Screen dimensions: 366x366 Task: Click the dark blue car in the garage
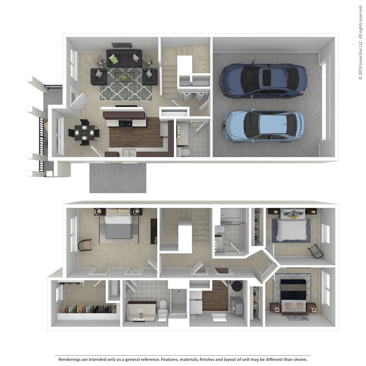pyautogui.click(x=263, y=81)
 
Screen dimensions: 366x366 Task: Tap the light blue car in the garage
pyautogui.click(x=263, y=125)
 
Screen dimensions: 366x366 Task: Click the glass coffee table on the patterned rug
pyautogui.click(x=124, y=77)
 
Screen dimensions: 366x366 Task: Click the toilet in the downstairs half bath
pyautogui.click(x=183, y=152)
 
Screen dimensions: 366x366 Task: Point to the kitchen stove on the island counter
pyautogui.click(x=125, y=123)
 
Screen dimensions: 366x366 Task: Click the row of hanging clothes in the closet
pyautogui.click(x=88, y=309)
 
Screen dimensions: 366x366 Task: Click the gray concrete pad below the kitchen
pyautogui.click(x=118, y=178)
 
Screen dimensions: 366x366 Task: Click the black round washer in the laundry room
pyautogui.click(x=237, y=286)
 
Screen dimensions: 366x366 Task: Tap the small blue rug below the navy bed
pyautogui.click(x=298, y=319)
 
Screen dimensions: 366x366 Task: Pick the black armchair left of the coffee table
pyautogui.click(x=98, y=76)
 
